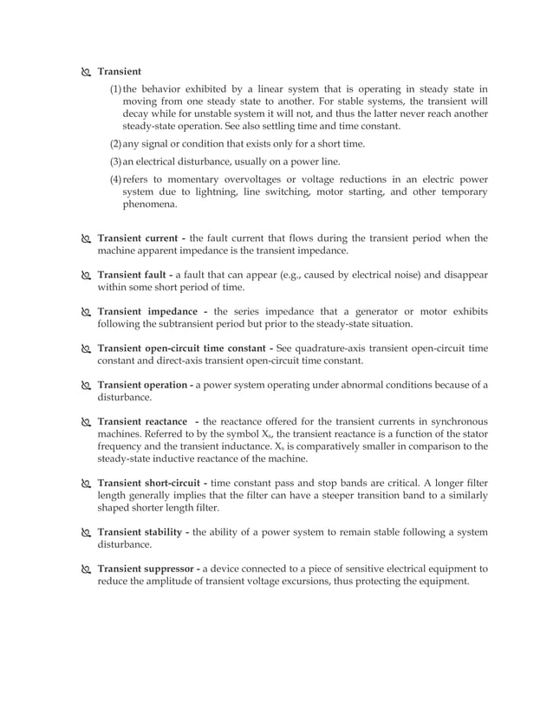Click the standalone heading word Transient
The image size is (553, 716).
(x=120, y=71)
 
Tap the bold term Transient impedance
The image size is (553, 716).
(x=146, y=311)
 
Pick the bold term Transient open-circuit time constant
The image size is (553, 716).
(x=181, y=348)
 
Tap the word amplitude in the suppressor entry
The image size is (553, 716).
(x=175, y=582)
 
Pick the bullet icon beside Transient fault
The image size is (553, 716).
(x=85, y=275)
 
